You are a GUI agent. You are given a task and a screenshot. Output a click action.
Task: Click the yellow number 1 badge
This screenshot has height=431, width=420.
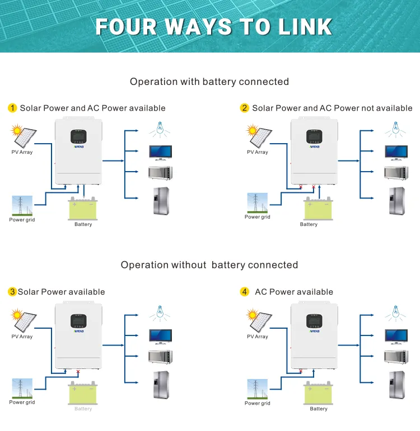[12, 108]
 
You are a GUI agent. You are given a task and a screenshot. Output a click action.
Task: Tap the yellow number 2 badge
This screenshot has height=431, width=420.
[244, 108]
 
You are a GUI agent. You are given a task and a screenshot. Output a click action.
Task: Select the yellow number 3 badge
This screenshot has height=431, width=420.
[12, 292]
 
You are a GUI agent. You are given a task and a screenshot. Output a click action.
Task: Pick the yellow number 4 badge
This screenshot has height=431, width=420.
[244, 292]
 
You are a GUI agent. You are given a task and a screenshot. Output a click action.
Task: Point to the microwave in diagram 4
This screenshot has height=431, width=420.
[395, 356]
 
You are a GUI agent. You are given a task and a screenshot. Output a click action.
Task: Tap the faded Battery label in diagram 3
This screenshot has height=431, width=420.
[83, 409]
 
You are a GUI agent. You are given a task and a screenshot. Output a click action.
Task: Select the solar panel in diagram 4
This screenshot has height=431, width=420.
[259, 321]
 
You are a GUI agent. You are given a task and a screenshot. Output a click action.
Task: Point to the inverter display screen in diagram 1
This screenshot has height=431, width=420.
[78, 136]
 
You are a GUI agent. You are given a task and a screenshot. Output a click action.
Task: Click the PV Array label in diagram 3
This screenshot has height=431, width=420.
[22, 337]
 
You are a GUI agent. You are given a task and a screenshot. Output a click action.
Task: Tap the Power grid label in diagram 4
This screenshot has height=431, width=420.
[258, 403]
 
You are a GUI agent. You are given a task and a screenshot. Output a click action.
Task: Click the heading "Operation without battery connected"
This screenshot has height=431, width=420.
[209, 265]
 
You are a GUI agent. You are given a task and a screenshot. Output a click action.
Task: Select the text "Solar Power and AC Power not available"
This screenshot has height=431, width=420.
[332, 108]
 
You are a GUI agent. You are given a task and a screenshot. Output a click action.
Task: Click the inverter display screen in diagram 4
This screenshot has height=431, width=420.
[314, 321]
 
